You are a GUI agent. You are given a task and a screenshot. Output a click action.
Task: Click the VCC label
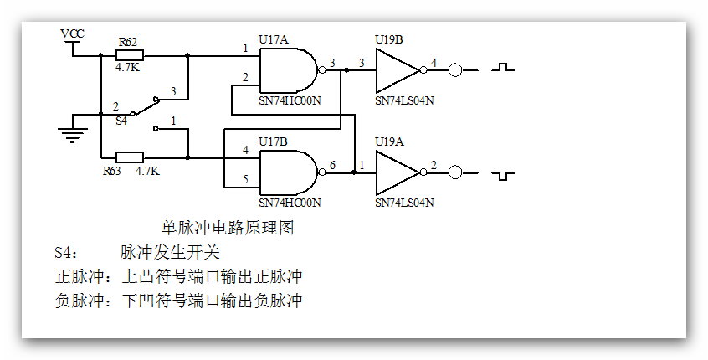pos(73,33)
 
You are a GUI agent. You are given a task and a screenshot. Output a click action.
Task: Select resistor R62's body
pos(130,55)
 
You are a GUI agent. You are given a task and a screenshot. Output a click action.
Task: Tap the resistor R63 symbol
pos(130,157)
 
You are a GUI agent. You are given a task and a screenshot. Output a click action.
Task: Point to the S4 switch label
pos(121,121)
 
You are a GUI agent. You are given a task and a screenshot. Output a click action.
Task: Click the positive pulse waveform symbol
pos(503,67)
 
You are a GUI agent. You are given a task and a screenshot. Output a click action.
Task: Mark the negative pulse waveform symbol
pos(503,175)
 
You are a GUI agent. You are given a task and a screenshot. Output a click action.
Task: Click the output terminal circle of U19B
pos(455,70)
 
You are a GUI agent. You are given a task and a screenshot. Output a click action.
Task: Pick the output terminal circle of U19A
pos(455,172)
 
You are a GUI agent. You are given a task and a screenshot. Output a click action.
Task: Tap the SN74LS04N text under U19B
pos(405,100)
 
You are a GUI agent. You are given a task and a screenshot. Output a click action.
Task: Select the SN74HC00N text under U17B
pos(290,203)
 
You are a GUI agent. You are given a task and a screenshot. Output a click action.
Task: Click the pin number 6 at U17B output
pos(332,165)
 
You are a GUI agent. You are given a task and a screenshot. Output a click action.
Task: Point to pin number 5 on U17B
pos(246,178)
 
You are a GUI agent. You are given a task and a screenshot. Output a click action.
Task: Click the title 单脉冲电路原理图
pos(227,228)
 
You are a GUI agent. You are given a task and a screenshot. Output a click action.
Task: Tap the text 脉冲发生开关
pos(170,252)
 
